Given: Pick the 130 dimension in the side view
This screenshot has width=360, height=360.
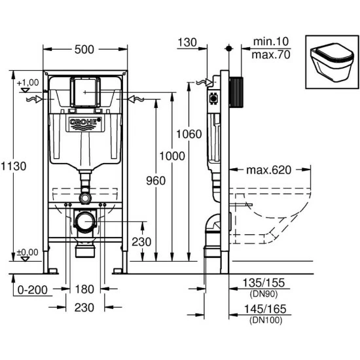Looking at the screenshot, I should coord(187,41).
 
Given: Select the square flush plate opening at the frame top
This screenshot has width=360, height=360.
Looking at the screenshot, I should coord(84,91).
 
